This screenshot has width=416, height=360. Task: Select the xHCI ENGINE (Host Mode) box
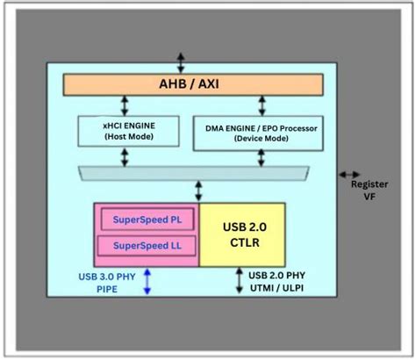tap(125, 132)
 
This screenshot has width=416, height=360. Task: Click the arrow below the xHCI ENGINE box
tap(125, 156)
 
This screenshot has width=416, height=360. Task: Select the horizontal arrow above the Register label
tap(349, 175)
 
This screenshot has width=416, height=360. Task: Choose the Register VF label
tap(363, 191)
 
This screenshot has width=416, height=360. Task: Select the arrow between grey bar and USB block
tap(200, 191)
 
